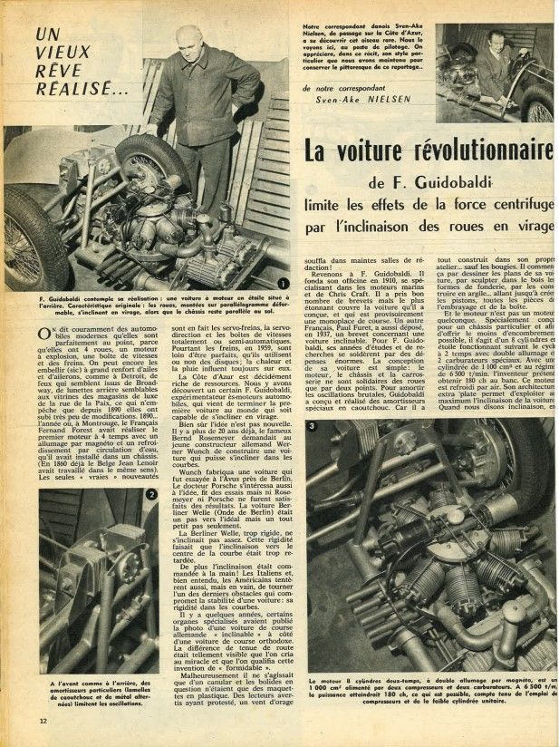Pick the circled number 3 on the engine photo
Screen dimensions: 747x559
(312, 451)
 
